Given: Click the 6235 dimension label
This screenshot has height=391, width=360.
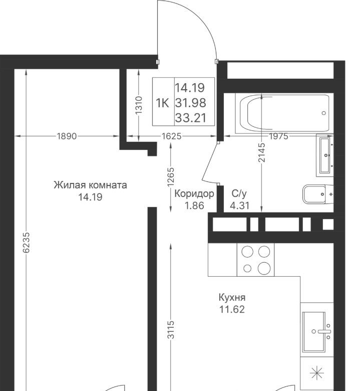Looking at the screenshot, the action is [x=26, y=243].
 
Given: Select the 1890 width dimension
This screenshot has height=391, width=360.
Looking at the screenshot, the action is [x=67, y=136].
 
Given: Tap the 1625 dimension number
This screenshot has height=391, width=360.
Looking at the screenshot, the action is [x=171, y=136].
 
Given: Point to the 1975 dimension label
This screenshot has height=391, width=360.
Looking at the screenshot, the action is [x=278, y=136].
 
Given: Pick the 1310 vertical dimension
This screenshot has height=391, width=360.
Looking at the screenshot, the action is [x=139, y=105].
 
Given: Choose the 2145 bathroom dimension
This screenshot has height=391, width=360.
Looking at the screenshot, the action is [x=261, y=152].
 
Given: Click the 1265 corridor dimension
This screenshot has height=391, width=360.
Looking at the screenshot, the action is [x=171, y=177].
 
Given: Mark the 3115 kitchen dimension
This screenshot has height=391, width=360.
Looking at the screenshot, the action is [x=171, y=330].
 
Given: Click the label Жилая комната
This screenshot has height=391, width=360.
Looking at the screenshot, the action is [x=90, y=185].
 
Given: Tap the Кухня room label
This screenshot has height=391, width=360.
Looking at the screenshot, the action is [x=232, y=297].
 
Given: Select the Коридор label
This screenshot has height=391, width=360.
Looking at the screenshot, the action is [x=194, y=193].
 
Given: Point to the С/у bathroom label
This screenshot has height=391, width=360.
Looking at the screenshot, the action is [x=239, y=193].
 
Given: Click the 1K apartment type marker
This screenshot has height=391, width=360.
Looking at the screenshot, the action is [x=162, y=103].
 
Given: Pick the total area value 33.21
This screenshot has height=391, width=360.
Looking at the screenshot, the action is [x=191, y=118].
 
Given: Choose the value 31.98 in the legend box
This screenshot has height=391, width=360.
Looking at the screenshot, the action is [x=191, y=103].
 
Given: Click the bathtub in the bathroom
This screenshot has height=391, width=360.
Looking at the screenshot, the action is [x=284, y=113].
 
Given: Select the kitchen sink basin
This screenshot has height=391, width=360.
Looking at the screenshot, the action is [x=314, y=332].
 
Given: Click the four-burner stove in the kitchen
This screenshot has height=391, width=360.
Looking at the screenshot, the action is [x=256, y=260].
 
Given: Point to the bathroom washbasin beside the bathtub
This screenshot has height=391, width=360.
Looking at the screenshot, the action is [x=325, y=155].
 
